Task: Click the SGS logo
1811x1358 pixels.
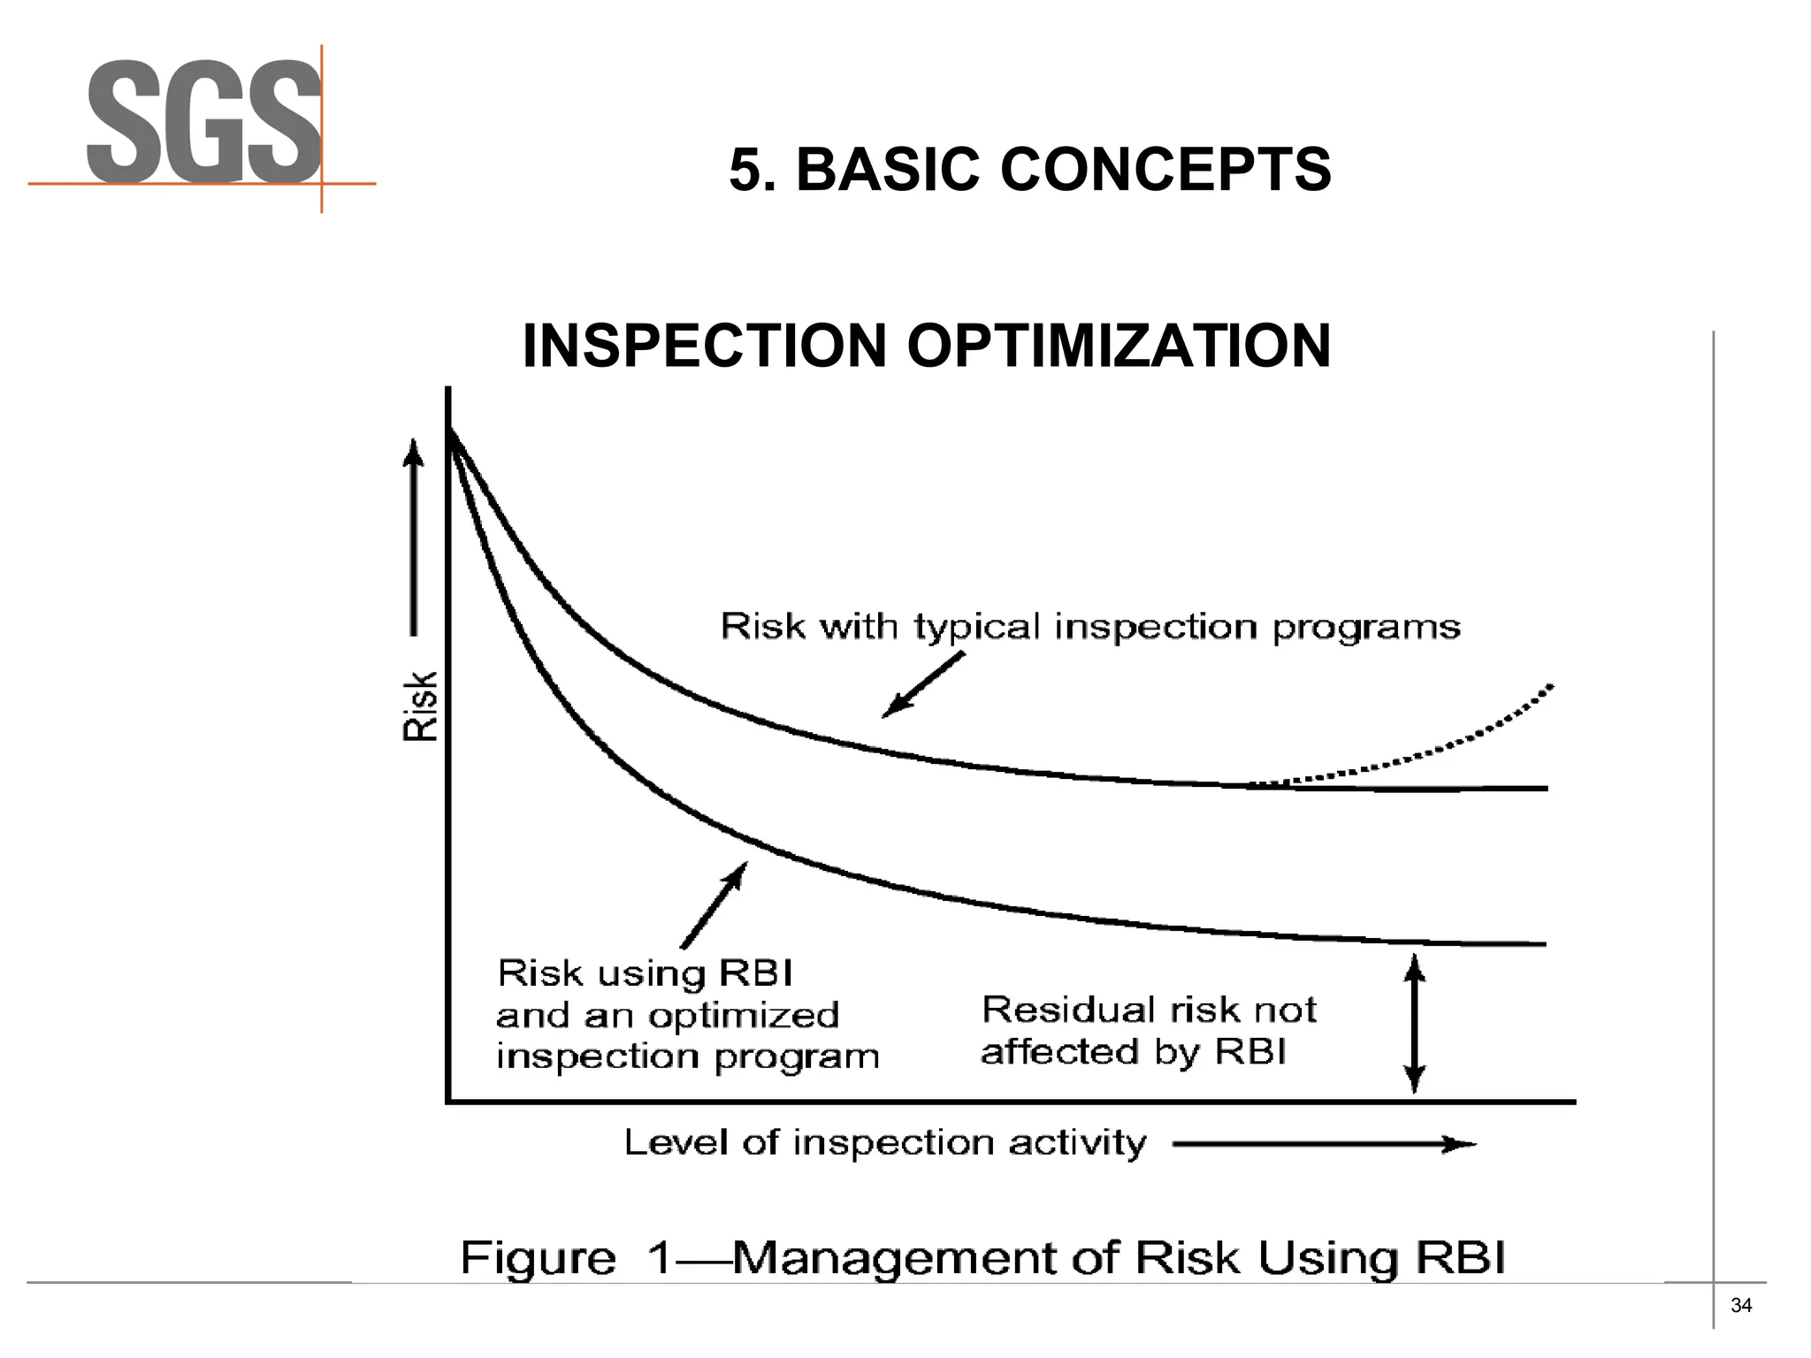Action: [203, 122]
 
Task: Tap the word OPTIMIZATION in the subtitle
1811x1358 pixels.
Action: [1119, 346]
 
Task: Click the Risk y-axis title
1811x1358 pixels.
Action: [421, 706]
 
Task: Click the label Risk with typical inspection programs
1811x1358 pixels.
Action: [1090, 627]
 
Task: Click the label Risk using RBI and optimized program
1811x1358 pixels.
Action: [687, 1015]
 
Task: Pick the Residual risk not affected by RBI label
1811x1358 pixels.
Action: [1149, 1030]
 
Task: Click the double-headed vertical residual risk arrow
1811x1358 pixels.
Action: [1415, 1024]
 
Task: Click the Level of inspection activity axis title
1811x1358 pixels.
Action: [885, 1143]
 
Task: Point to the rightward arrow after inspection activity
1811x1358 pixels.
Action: [1324, 1145]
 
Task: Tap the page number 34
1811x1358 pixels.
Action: [1740, 1305]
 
